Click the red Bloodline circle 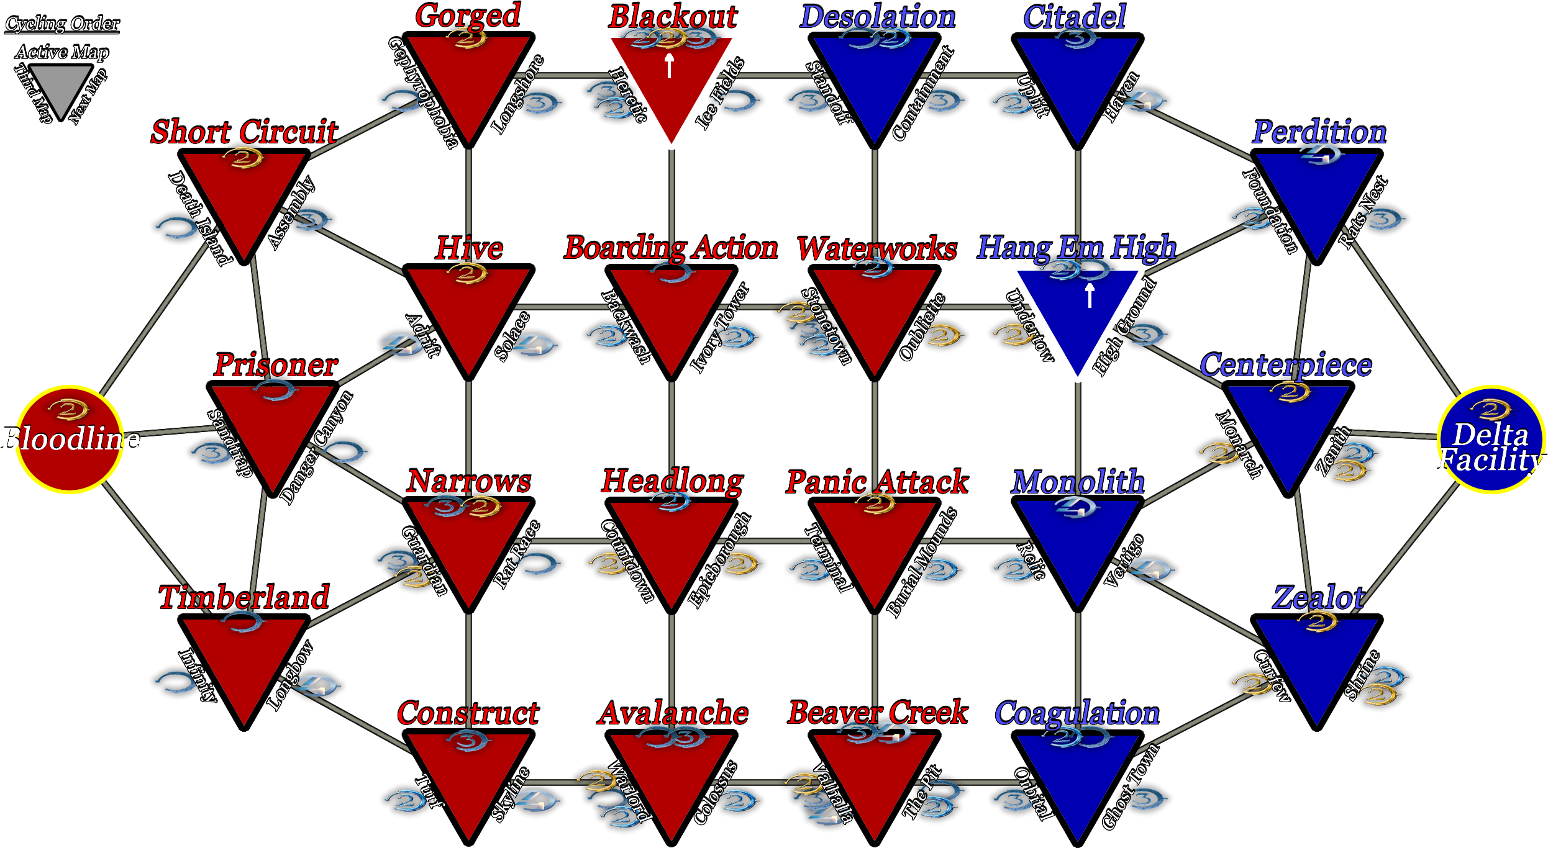pos(70,439)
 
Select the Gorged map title pos(468,16)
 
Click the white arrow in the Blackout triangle pos(670,66)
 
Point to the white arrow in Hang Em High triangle pos(1090,295)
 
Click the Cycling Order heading pos(62,24)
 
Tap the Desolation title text pos(877,17)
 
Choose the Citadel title pos(1075,17)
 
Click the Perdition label pos(1319,132)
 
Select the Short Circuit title pos(244,132)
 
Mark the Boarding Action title pos(671,248)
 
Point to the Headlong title pos(672,481)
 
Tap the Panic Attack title pos(877,482)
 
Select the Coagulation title pos(1077,713)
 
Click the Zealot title pos(1318,597)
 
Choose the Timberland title pos(244,597)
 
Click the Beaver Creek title pos(878,713)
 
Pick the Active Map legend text pos(62,52)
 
